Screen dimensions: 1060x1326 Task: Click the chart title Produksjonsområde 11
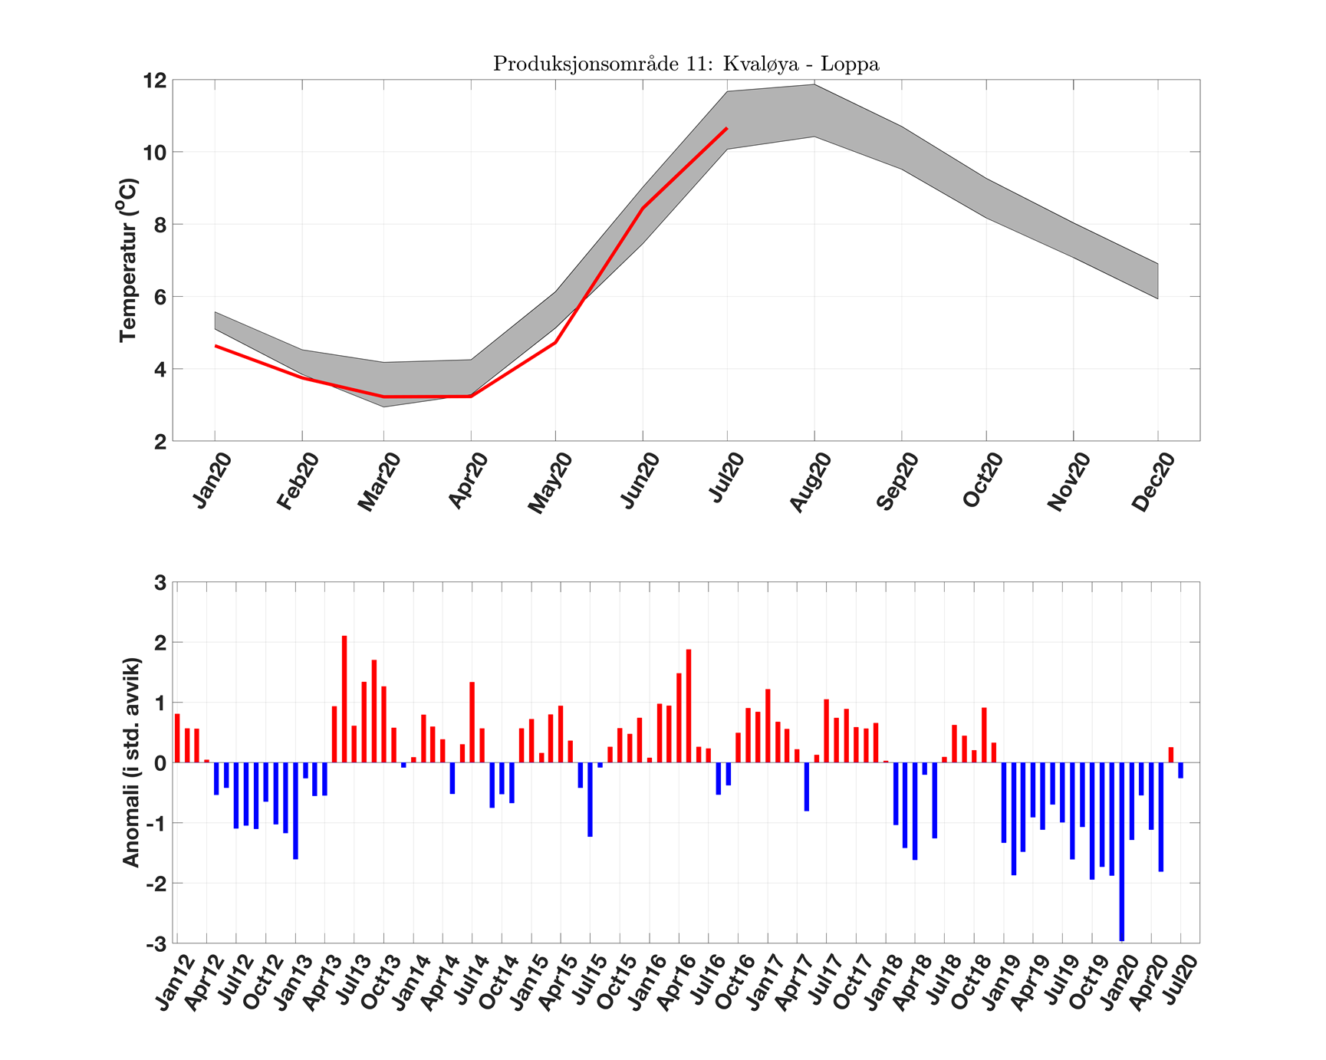click(x=686, y=64)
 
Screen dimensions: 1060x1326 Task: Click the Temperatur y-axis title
click(x=128, y=261)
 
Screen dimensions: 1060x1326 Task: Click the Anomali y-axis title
click(x=131, y=762)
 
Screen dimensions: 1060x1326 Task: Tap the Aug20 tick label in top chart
click(x=811, y=482)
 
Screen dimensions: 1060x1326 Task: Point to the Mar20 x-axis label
click(x=379, y=482)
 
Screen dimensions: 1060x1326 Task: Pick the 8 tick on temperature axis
click(x=159, y=225)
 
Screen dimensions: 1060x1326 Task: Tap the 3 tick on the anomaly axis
click(x=160, y=583)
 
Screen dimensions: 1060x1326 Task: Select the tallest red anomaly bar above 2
click(x=344, y=699)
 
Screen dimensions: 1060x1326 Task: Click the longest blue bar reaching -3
click(x=1121, y=851)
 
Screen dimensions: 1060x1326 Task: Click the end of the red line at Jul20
click(x=727, y=128)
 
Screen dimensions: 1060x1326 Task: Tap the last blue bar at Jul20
click(x=1180, y=770)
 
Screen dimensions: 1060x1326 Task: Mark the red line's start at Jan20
click(x=216, y=346)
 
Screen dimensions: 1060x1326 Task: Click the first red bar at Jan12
click(x=177, y=738)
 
